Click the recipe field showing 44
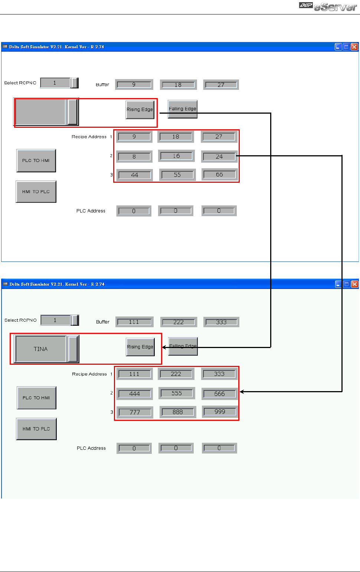pos(134,175)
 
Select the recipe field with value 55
pos(177,175)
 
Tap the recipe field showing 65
pos(219,175)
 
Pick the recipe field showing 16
pos(176,156)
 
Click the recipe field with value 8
pos(134,157)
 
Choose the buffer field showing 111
pos(134,322)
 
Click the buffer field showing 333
pos(221,322)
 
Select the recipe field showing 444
pos(134,394)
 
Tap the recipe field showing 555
pos(177,393)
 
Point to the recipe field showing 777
pos(135,412)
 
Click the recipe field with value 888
pos(177,412)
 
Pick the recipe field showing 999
pos(220,412)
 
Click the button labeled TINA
pos(40,349)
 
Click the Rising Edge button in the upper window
pos(140,110)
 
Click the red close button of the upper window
pos(354,47)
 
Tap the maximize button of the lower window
pos(346,284)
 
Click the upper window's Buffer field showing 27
pos(221,85)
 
